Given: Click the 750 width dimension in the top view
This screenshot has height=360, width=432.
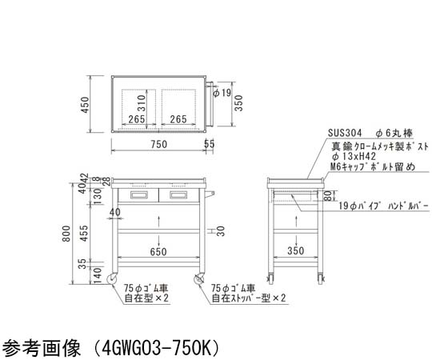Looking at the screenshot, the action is pos(159,144).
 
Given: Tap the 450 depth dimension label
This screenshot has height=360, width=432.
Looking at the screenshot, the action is pos(85,105).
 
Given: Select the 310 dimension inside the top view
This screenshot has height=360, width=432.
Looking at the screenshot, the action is pos(141,102).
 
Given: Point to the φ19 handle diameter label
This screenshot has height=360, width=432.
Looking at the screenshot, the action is pos(222,93).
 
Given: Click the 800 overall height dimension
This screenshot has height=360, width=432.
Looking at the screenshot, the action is pos(66,234).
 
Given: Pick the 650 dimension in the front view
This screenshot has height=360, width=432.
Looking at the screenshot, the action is pos(158,251).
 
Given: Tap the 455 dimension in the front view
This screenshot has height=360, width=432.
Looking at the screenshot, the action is pos(84,234).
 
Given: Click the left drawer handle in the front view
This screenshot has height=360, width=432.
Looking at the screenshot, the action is pos(139,195).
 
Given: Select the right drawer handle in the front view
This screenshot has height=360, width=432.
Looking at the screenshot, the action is pos(178,195).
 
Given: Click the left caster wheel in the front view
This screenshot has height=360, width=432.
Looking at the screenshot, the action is pos(113,279).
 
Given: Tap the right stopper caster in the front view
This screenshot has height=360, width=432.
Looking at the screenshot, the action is pos(199,279).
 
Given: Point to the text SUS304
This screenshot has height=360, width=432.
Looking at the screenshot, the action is pos(345,134).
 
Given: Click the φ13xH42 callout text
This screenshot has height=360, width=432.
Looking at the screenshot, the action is pos(354,157).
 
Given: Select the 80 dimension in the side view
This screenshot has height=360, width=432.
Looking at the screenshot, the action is pos(327,195).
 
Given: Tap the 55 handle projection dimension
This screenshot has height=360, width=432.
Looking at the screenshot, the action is pos(209,144).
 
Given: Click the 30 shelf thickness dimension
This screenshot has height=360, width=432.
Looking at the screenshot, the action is pos(221,231).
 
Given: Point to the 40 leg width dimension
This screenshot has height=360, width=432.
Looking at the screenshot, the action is pos(115,212).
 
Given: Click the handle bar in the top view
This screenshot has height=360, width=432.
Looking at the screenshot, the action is pos(210,103).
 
